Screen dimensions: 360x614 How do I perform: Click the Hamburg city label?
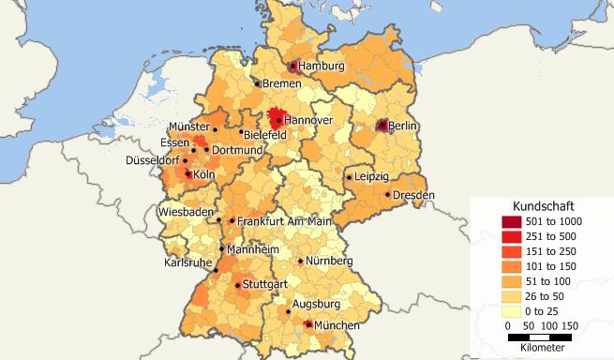(322, 67)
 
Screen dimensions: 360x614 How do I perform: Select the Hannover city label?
(308, 121)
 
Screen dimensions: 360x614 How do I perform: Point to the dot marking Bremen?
(258, 83)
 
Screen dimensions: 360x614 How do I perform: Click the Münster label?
(189, 127)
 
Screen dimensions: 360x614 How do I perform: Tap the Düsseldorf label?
(153, 161)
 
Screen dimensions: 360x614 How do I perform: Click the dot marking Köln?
(188, 173)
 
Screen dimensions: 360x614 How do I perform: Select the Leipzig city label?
(372, 176)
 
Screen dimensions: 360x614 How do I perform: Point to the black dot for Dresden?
(388, 195)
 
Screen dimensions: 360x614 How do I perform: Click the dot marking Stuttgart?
(238, 283)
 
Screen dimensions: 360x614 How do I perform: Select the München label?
(337, 324)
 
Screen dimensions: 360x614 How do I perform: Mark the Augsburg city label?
(315, 305)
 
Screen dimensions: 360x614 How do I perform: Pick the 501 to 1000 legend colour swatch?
(511, 220)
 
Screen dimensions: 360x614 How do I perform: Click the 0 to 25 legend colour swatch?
(511, 310)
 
